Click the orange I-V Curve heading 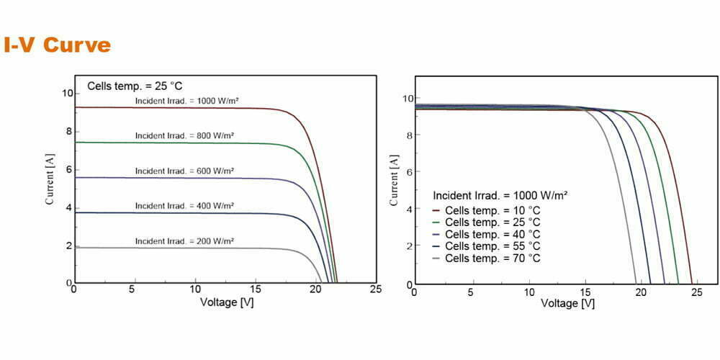[58, 45]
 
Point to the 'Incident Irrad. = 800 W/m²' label [185, 135]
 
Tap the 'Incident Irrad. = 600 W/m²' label [185, 171]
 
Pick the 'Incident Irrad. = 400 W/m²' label [185, 206]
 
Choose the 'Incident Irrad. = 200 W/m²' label [185, 240]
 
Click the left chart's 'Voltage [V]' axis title [226, 302]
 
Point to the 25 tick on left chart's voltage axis [375, 289]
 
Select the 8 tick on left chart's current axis [68, 131]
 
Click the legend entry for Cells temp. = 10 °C [492, 210]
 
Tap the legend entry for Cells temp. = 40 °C [492, 234]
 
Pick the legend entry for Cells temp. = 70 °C [492, 258]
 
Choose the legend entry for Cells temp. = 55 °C [492, 246]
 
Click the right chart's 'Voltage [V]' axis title [567, 303]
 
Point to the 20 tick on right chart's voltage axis [647, 292]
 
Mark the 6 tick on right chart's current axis [408, 172]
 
